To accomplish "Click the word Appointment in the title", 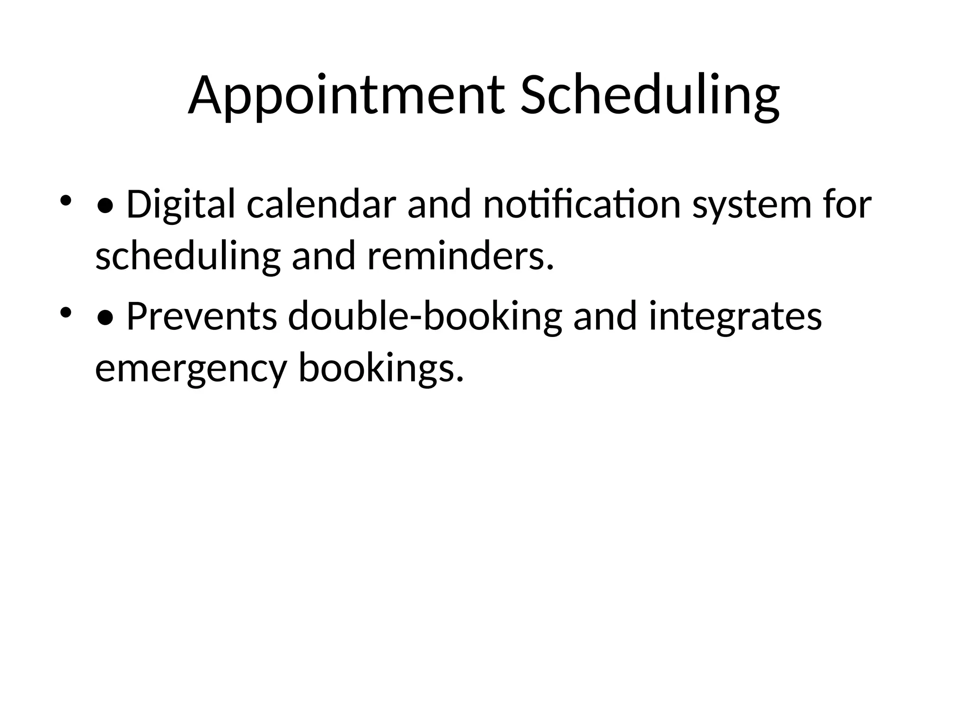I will [x=345, y=96].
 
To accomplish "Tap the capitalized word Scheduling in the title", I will [x=650, y=96].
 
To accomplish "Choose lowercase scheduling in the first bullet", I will [x=188, y=257].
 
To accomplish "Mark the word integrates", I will [x=735, y=317].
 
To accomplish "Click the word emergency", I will [x=191, y=369].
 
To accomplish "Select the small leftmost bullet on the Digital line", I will [x=65, y=200].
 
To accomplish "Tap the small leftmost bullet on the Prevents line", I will [x=65, y=312].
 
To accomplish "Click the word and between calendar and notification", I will [x=439, y=204].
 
